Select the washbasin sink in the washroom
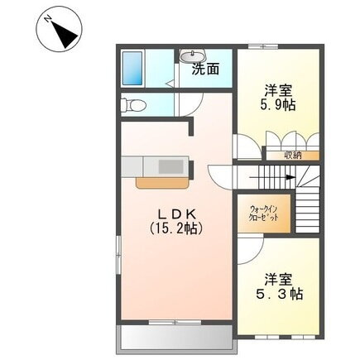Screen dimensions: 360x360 coord(188,56)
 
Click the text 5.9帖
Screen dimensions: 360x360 coord(278,106)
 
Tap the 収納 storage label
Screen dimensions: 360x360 coord(291,154)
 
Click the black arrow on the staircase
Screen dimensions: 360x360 coord(289,175)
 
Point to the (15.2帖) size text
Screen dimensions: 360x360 coord(175,227)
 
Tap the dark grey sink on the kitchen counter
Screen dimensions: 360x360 coord(170,166)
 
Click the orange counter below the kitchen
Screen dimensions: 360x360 coord(161,180)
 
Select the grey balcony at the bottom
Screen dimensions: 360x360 coord(175,338)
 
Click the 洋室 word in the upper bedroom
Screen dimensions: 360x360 coord(278,90)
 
